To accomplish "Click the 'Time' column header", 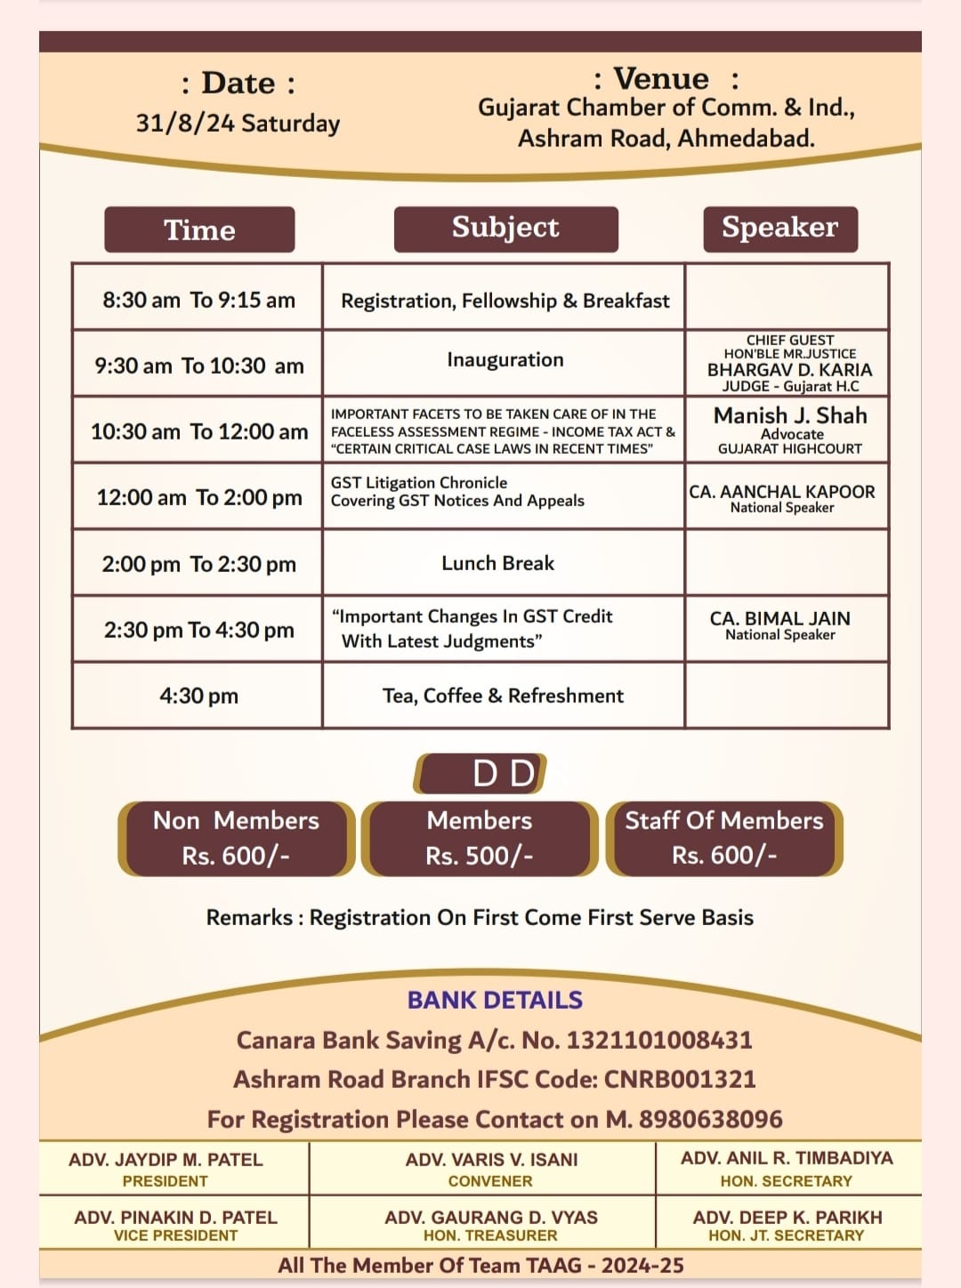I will pyautogui.click(x=199, y=229).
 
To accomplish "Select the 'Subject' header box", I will pyautogui.click(x=505, y=229).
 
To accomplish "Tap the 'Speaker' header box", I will pyautogui.click(x=779, y=229).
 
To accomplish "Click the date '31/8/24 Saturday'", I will pyautogui.click(x=238, y=123).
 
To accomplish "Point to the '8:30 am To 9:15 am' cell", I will pyautogui.click(x=198, y=300).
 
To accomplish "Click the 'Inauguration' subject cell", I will pyautogui.click(x=505, y=360).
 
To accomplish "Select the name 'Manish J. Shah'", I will pyautogui.click(x=790, y=415).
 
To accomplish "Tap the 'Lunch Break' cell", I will pyautogui.click(x=497, y=563).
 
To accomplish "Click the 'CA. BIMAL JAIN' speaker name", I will pyautogui.click(x=779, y=618).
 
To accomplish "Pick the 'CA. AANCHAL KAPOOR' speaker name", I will pyautogui.click(x=781, y=492).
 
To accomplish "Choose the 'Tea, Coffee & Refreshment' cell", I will pyautogui.click(x=503, y=696).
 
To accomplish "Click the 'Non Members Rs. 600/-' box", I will pyautogui.click(x=236, y=838).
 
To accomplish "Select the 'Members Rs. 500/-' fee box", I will pyautogui.click(x=480, y=838).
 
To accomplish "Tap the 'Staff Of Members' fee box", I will pyautogui.click(x=724, y=838).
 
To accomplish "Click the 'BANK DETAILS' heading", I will pyautogui.click(x=495, y=1000).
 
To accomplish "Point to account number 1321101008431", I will pyautogui.click(x=659, y=1040).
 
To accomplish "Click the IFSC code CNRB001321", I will pyautogui.click(x=680, y=1079).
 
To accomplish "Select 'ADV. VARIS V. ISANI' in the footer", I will pyautogui.click(x=491, y=1160).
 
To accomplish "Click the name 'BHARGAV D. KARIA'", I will pyautogui.click(x=789, y=370).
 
